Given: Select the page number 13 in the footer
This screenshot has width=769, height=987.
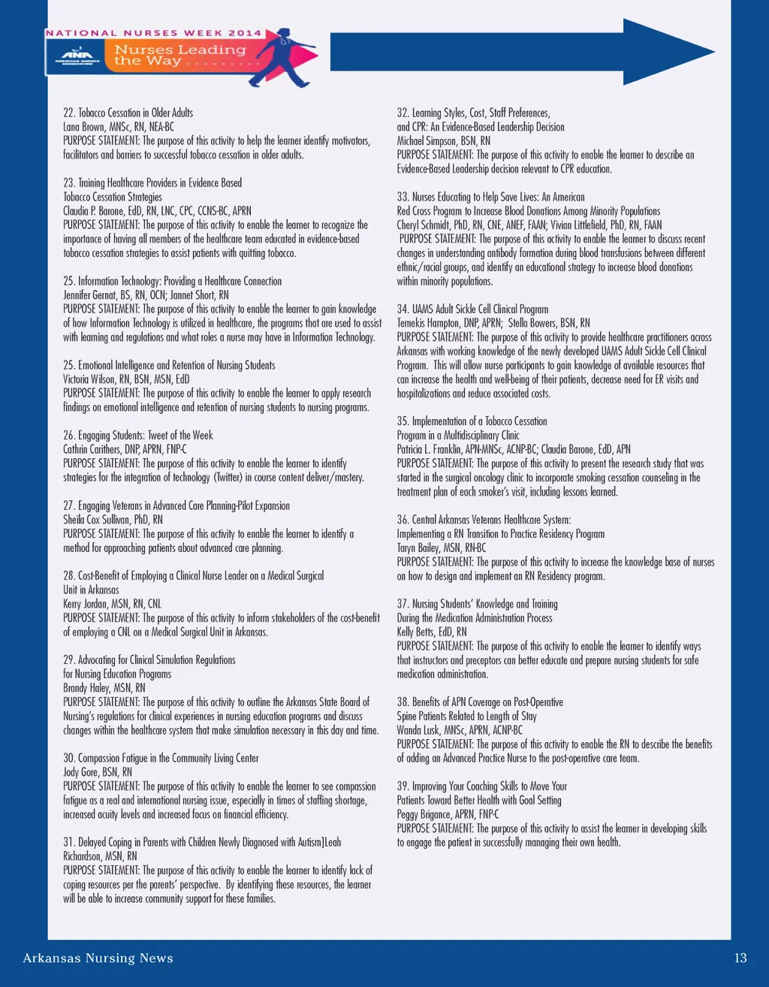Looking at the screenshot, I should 740,958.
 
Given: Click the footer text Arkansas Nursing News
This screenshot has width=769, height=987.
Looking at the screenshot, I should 98,958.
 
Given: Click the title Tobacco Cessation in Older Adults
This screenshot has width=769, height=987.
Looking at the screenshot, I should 128,113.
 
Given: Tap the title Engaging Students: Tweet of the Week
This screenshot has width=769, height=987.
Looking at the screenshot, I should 138,436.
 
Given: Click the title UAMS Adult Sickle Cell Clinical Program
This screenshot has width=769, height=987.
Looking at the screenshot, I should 472,309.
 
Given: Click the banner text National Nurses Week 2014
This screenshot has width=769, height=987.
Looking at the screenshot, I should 154,33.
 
